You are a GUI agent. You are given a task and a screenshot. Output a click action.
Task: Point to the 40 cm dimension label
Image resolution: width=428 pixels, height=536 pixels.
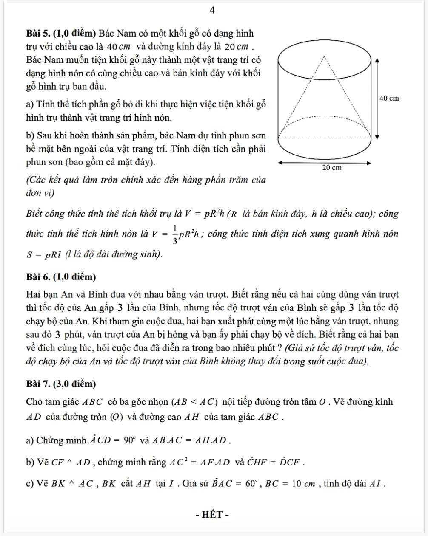coord(389,98)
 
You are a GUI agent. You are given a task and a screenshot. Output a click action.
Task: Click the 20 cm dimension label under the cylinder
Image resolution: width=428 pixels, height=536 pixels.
coord(331,168)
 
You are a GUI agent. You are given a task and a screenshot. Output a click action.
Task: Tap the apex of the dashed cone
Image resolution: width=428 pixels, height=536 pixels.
coord(325,56)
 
